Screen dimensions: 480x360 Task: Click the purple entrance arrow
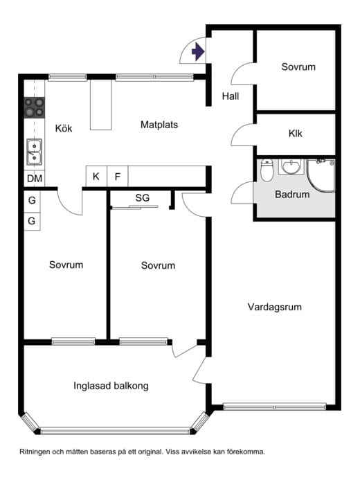coord(199,51)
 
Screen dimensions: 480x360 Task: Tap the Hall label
coord(231,96)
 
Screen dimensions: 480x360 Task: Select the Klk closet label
coord(296,134)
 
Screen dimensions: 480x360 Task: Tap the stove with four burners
coord(35,107)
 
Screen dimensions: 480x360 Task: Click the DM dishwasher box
coord(34,179)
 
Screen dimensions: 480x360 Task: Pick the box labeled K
coord(96,177)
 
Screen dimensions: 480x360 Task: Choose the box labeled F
coord(118,177)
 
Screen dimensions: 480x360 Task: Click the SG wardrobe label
coord(143,198)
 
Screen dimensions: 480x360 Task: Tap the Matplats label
coord(159,125)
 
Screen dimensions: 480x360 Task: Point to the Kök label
coord(64,128)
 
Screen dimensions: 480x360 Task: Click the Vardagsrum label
coord(275,307)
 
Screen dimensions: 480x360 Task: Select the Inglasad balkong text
coord(111,386)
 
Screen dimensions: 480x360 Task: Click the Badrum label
coord(292,195)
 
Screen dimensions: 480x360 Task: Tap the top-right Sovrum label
coord(298,67)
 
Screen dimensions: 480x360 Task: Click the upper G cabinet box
coord(32,202)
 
